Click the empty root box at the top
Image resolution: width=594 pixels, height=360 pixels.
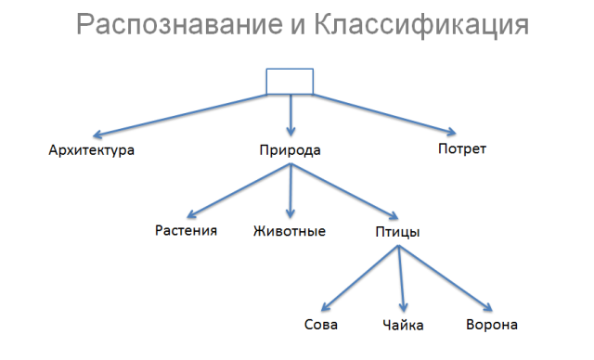[290, 81]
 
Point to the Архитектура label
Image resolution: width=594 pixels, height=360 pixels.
[91, 149]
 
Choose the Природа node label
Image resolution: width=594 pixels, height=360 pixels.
[291, 149]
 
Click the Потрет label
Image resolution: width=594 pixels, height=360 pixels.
[461, 148]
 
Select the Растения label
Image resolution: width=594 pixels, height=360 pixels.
[187, 230]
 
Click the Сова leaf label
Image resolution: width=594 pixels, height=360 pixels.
[320, 325]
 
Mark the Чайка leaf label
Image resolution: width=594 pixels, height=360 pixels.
[403, 326]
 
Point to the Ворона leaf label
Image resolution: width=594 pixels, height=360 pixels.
[491, 325]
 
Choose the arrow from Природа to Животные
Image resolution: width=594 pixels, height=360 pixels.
[291, 191]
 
